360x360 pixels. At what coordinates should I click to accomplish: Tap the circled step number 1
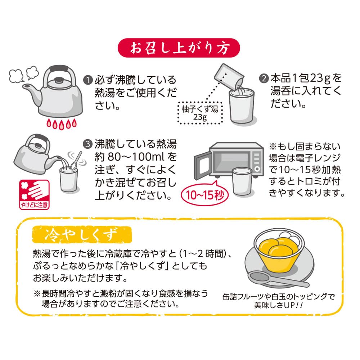point(88,80)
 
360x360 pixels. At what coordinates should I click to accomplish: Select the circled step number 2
point(264,78)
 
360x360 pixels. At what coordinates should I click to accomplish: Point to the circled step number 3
point(88,144)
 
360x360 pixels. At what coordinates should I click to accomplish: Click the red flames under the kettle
point(61,124)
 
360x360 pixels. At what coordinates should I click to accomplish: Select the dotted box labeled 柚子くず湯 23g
point(200,113)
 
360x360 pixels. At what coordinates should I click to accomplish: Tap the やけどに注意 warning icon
point(35,195)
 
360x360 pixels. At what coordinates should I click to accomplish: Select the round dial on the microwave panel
point(257,169)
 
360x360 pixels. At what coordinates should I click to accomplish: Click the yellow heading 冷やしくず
point(82,235)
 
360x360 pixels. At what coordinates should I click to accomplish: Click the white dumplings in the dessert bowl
point(290,238)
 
